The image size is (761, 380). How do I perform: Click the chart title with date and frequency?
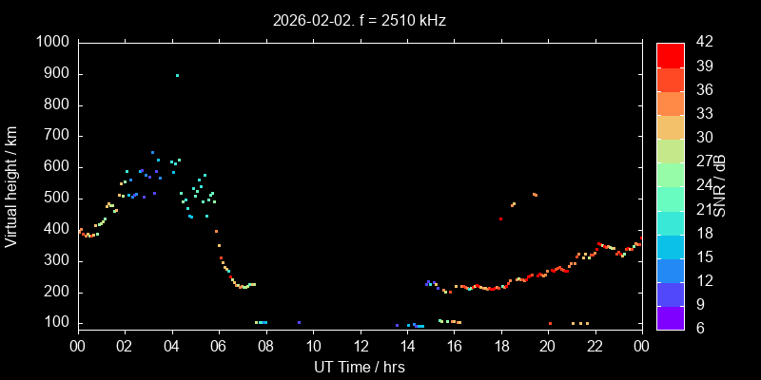tap(359, 19)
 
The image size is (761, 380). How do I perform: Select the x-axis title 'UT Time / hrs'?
tap(359, 367)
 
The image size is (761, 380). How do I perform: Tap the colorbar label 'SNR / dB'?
tap(720, 185)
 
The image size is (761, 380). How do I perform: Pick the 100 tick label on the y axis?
tap(56, 323)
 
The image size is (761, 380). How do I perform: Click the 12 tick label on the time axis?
tap(360, 346)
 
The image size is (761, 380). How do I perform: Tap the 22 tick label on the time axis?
tap(595, 346)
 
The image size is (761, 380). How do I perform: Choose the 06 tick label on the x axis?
tap(219, 346)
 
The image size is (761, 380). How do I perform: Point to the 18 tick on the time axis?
tap(500, 346)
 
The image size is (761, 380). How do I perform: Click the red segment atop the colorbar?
tap(670, 54)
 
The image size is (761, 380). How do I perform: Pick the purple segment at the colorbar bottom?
tap(670, 317)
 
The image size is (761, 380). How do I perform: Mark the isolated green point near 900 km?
tap(177, 76)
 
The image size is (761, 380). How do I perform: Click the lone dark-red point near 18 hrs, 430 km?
tap(500, 219)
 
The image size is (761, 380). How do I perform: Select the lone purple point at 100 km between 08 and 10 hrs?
tap(299, 323)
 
